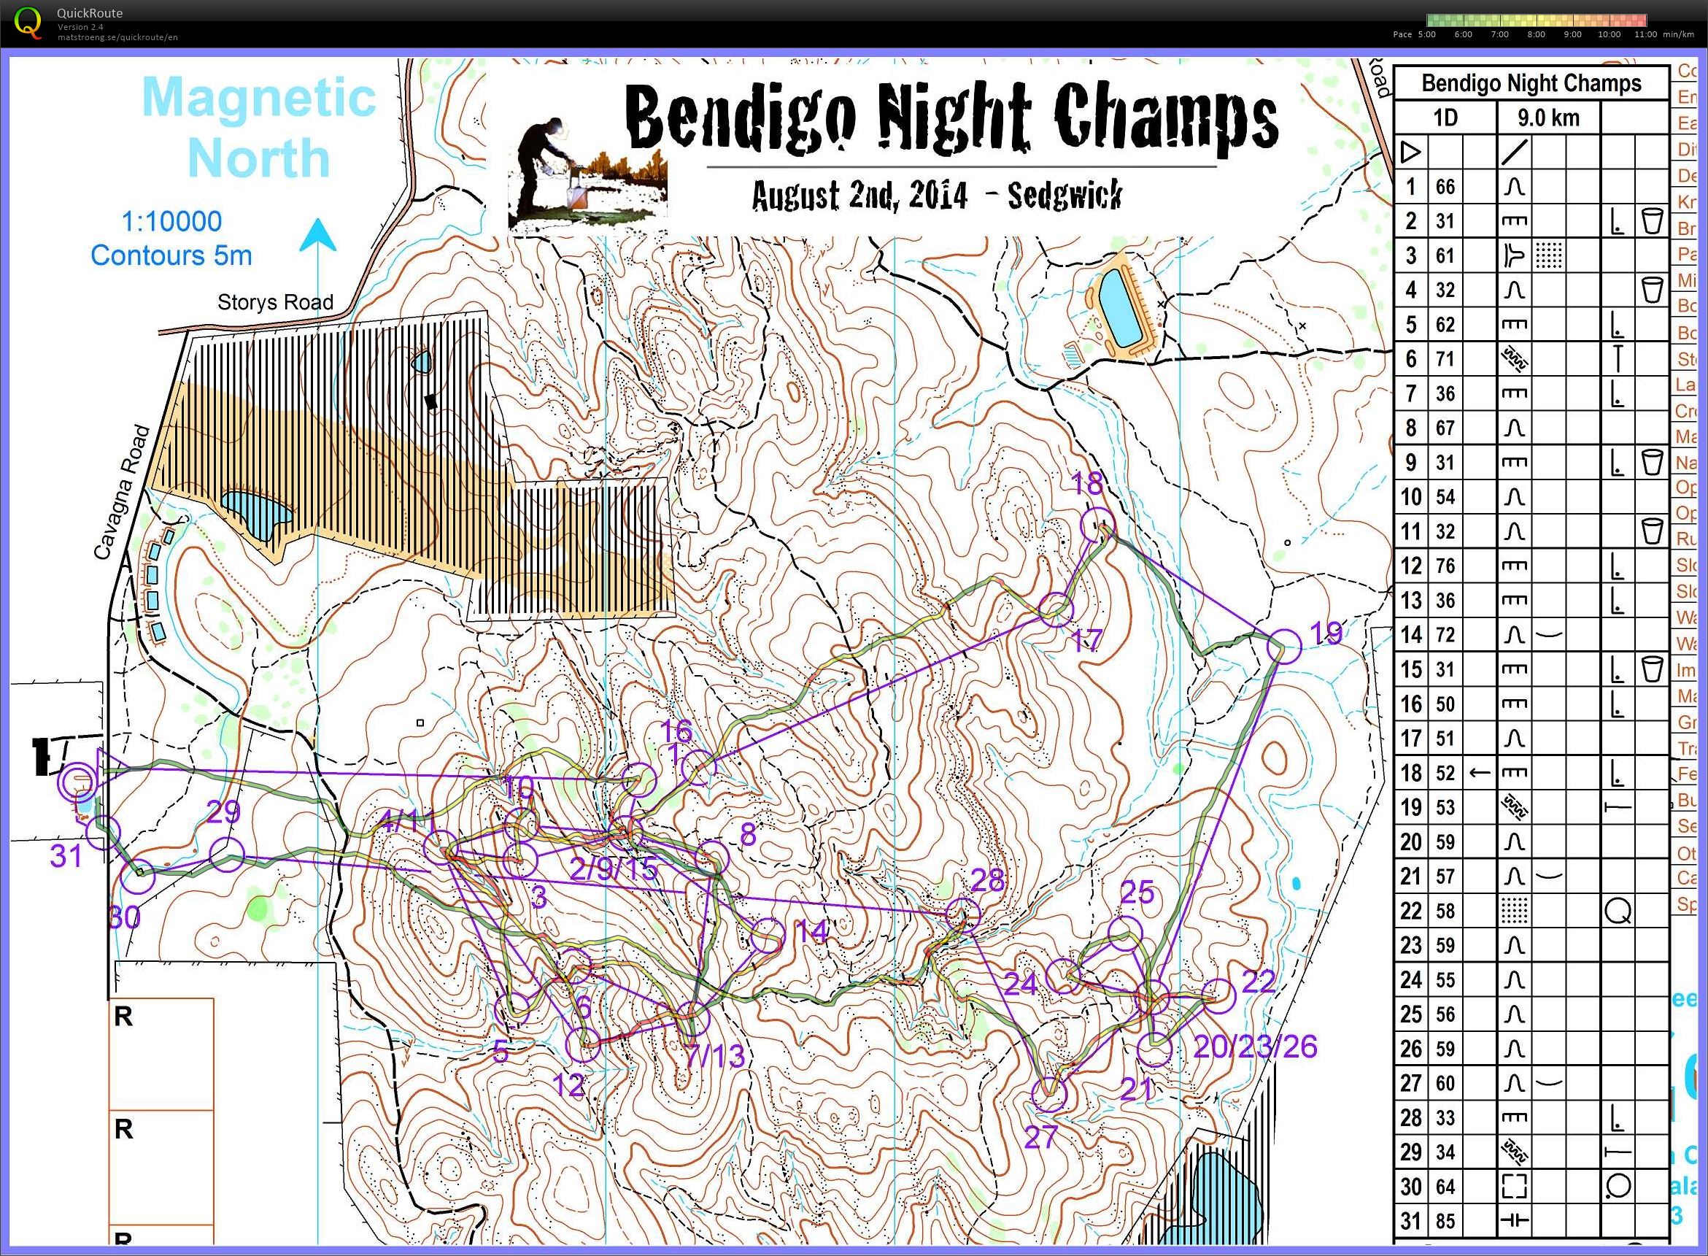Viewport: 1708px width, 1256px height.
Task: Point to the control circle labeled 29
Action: tap(225, 855)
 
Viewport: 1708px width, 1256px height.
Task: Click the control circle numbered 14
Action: tap(768, 934)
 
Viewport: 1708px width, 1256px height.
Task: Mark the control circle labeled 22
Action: tap(1218, 995)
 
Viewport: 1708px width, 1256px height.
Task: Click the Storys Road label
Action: tap(275, 303)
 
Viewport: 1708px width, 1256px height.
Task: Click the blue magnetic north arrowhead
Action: tap(317, 235)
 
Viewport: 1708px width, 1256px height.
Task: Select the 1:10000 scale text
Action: tap(171, 221)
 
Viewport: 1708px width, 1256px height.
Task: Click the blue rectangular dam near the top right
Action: tap(1121, 309)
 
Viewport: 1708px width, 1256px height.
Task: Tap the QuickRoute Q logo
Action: tap(29, 21)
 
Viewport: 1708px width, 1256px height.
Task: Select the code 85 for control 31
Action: tap(1445, 1221)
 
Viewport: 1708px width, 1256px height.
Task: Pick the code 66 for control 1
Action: tap(1445, 187)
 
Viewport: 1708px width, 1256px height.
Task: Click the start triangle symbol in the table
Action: tap(1410, 153)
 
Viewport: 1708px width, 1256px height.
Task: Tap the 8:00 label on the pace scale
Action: tap(1537, 34)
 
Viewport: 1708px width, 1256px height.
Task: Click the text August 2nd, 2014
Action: tap(859, 196)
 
